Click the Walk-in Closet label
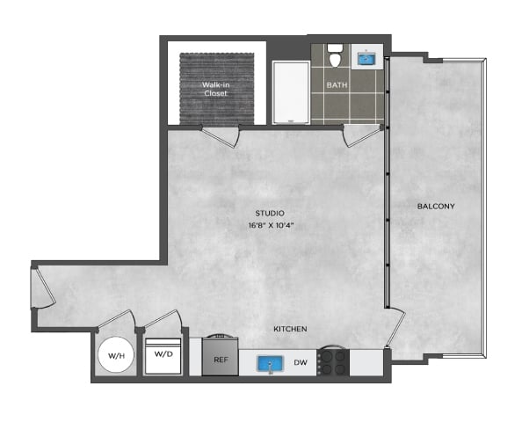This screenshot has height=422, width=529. pyautogui.click(x=216, y=89)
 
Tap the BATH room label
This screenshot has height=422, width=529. pyautogui.click(x=337, y=85)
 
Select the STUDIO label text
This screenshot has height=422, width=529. pyautogui.click(x=270, y=214)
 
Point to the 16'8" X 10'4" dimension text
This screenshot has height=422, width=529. pyautogui.click(x=271, y=226)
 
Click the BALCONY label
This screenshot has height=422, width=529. pyautogui.click(x=436, y=207)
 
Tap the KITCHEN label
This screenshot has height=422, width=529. pyautogui.click(x=290, y=329)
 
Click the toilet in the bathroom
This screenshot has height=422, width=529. pyautogui.click(x=335, y=55)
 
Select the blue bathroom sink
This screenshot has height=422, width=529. pyautogui.click(x=366, y=59)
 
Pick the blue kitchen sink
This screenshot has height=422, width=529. pyautogui.click(x=271, y=364)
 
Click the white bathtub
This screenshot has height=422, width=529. pyautogui.click(x=291, y=92)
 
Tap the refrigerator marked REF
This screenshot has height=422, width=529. pyautogui.click(x=221, y=357)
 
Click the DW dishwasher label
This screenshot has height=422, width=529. pyautogui.click(x=301, y=362)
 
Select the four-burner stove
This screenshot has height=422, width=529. pyautogui.click(x=333, y=362)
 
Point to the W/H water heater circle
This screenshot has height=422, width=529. pyautogui.click(x=116, y=355)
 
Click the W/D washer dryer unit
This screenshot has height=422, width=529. pyautogui.click(x=163, y=356)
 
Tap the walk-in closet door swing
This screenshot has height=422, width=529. pyautogui.click(x=221, y=136)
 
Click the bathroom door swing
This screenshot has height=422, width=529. pyautogui.click(x=363, y=135)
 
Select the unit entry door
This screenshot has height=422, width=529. pyautogui.click(x=43, y=287)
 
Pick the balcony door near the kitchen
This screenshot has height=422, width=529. pyautogui.click(x=395, y=327)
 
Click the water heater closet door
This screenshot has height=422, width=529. pyautogui.click(x=116, y=319)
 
